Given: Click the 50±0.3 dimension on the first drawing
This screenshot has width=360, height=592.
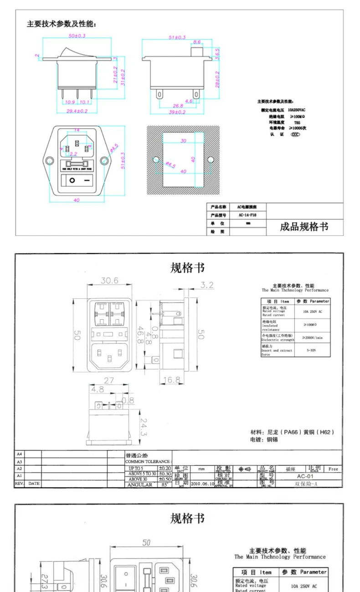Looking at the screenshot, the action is [77, 36].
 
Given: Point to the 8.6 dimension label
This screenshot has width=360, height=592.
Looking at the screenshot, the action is [197, 42].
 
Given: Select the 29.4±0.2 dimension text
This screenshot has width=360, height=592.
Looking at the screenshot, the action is [77, 111].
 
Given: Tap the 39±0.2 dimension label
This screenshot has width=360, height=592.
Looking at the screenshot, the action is [177, 112].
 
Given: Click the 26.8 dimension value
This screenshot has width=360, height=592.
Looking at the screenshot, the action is [178, 106].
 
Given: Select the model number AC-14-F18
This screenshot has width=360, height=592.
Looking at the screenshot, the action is [247, 215].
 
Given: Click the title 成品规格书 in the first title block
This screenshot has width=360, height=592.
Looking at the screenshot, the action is [303, 227].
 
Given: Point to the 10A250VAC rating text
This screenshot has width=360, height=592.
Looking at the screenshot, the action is [296, 110].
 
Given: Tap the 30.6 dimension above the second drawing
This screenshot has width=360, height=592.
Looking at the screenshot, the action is [109, 281].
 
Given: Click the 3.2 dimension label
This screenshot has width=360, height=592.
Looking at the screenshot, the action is [206, 285].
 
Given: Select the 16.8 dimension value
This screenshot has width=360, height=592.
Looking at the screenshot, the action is [171, 379].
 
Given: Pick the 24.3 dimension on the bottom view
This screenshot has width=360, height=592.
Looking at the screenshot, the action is [143, 427].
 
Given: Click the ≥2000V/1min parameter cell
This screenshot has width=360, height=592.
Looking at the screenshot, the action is [312, 337].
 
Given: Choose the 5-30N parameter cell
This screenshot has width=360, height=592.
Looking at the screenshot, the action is [312, 351].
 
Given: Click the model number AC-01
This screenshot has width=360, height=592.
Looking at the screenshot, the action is [305, 476].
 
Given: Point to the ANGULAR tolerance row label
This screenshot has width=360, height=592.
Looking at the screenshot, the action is [140, 485].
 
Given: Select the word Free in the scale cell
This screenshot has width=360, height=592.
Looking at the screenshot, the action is [333, 469].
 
